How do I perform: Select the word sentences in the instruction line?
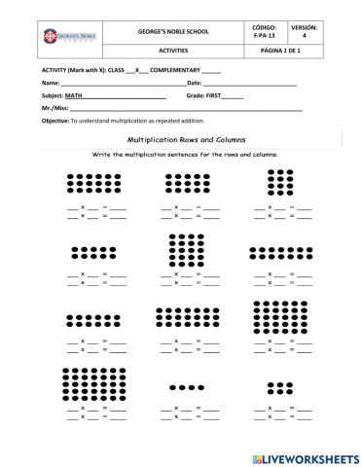pyautogui.click(x=195, y=154)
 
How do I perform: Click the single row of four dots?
pyautogui.click(x=187, y=387)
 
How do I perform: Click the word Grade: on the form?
pyautogui.click(x=198, y=97)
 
